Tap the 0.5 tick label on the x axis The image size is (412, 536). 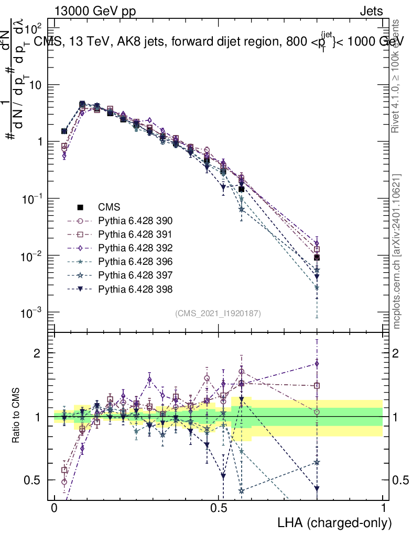[x=219, y=508]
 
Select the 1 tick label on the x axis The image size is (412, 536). [x=383, y=508]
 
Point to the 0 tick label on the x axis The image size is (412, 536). [x=55, y=508]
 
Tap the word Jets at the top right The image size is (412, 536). [x=371, y=12]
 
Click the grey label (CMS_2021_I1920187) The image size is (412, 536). [x=218, y=314]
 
